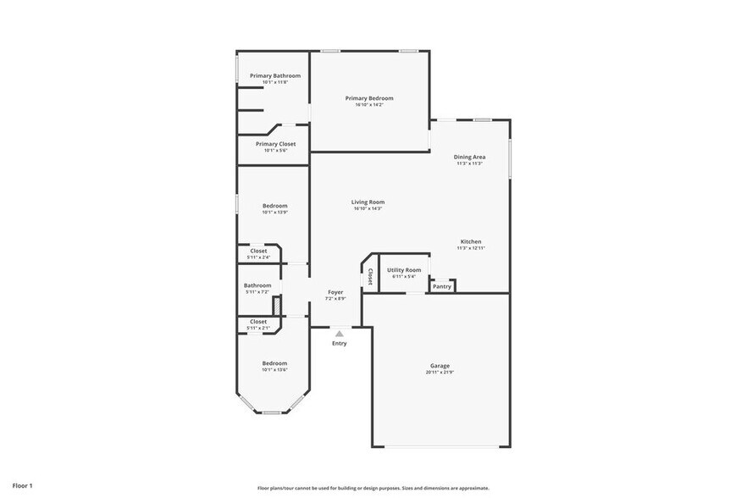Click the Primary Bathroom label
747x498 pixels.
[x=274, y=75]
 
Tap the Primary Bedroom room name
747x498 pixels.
[x=369, y=98]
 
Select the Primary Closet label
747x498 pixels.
[x=275, y=144]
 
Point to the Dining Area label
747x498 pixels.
[x=469, y=157]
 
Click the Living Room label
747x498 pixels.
[x=368, y=202]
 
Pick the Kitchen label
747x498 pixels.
[x=470, y=241]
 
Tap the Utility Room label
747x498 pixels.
[x=404, y=269]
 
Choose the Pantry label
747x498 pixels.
[x=442, y=286]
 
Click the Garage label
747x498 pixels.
[x=440, y=366]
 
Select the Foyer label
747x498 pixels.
[x=336, y=292]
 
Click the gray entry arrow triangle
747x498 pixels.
[x=339, y=334]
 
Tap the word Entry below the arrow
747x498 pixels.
[x=339, y=343]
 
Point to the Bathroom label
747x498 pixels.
[x=257, y=285]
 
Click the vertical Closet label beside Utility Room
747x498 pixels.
[x=370, y=277]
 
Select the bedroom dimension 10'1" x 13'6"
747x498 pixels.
[x=274, y=369]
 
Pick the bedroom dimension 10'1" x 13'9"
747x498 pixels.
[x=274, y=213]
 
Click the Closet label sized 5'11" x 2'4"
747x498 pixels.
[x=258, y=251]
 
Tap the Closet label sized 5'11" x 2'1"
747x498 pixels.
[x=258, y=322]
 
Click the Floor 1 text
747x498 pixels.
[x=23, y=485]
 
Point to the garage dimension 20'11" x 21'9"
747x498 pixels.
[x=440, y=372]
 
